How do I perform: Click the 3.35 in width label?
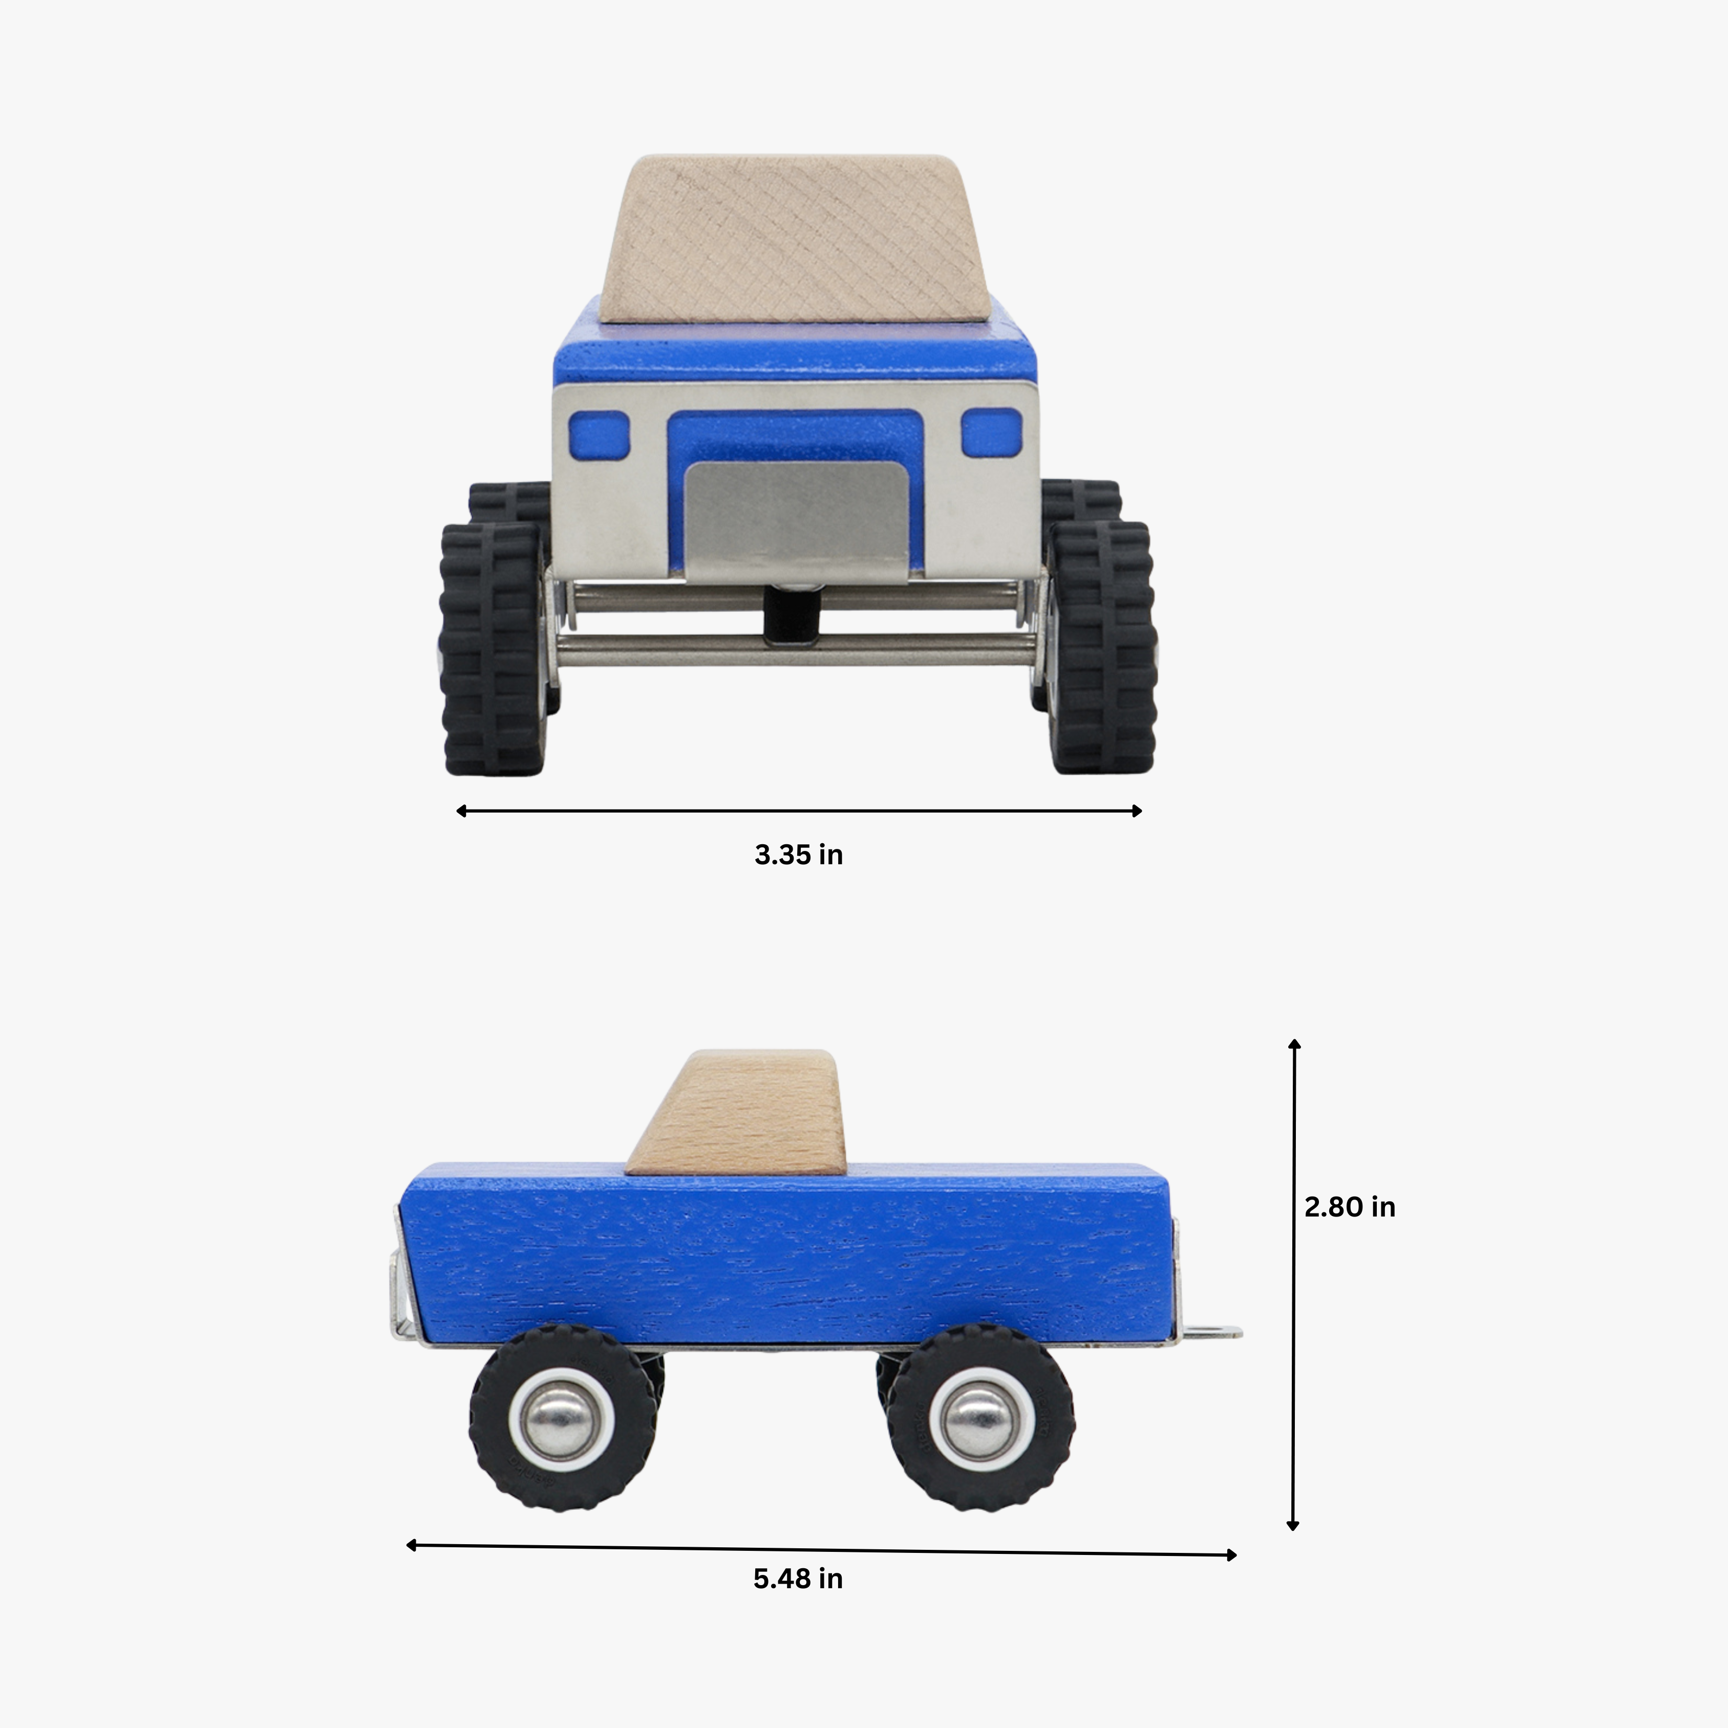(x=798, y=855)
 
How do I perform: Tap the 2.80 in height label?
(x=1349, y=1207)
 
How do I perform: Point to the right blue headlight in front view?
(x=991, y=432)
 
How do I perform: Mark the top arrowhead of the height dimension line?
(x=1293, y=1044)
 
